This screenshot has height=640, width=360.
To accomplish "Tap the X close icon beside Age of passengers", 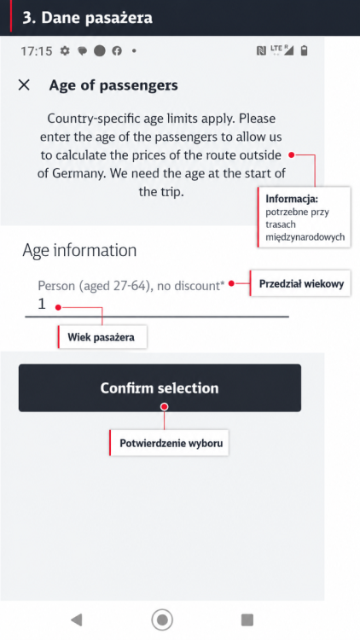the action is pos(24,84).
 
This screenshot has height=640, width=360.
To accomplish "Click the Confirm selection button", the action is pos(160,387).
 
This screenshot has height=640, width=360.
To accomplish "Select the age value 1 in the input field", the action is pos(41,304).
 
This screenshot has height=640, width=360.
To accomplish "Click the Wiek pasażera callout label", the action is pos(102,337).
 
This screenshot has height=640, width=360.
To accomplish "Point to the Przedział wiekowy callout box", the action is pos(300,282).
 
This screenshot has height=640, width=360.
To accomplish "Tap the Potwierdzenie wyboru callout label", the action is pos(169,442).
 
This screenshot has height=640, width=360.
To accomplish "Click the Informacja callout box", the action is pos(304,217).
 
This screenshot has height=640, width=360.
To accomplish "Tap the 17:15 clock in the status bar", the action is pos(37,51).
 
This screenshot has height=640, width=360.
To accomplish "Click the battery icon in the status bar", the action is pos(304,50).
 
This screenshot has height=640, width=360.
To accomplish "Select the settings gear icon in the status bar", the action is pos(65,50).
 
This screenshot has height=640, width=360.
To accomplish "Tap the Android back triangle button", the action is pos(76,620).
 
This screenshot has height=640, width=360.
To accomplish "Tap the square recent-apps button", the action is pos(247,620).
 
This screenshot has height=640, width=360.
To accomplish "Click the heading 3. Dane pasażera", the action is pos(87,18).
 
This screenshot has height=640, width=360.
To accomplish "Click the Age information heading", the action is pos(79,250).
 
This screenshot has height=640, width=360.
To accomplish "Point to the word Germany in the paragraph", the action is pos(76,173).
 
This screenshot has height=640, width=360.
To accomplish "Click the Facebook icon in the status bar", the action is pos(117,50).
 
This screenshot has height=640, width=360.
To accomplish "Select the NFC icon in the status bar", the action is pos(261,50).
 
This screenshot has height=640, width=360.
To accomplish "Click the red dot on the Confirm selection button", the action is pos(164,406).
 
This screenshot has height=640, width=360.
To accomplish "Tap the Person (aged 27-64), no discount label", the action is pos(131,285).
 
